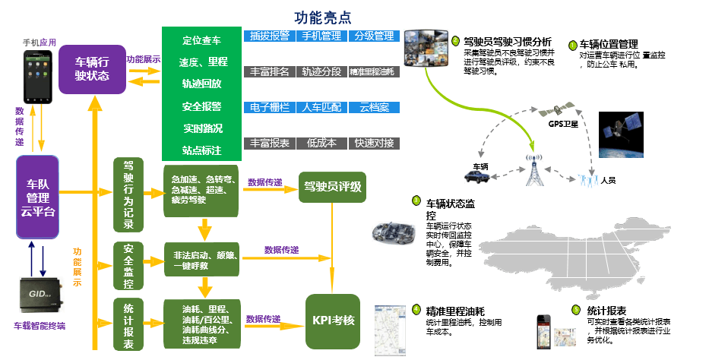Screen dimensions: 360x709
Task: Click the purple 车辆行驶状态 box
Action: click(92, 68)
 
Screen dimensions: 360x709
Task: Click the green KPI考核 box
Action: click(332, 320)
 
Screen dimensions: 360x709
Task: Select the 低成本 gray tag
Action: click(321, 143)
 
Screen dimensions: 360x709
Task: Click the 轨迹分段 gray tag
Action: click(321, 71)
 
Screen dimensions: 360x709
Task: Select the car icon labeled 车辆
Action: click(483, 177)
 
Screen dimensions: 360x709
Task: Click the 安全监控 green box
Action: click(128, 267)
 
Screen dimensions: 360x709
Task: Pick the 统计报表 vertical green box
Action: click(128, 324)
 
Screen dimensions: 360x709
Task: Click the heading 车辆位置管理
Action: click(608, 44)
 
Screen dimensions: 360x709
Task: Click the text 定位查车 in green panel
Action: click(201, 40)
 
